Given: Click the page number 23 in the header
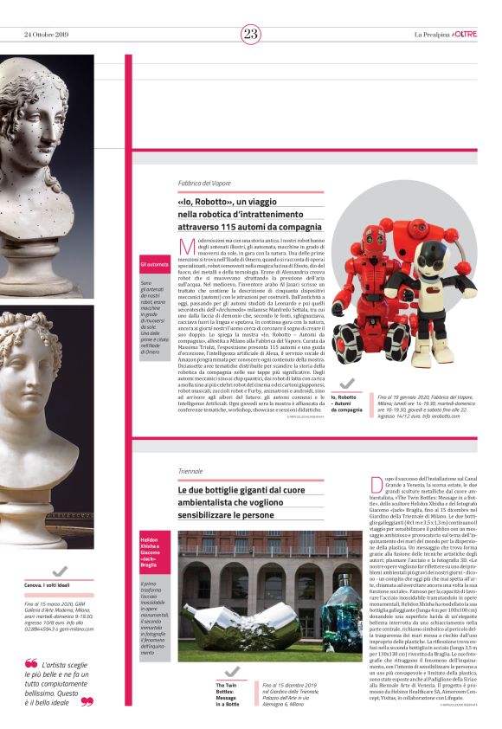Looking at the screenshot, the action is coord(250,34).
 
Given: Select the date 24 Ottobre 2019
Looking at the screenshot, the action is coord(46,34).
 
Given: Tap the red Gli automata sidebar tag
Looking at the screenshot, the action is coord(155,264).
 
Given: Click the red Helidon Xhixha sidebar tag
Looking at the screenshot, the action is coord(156,549).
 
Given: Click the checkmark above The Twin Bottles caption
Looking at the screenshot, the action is coord(230,673).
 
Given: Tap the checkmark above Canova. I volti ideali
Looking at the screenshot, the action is coord(60,571).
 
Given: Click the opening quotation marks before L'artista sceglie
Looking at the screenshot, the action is coord(30,664).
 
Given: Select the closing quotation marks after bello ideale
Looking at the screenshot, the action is coord(86,701).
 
